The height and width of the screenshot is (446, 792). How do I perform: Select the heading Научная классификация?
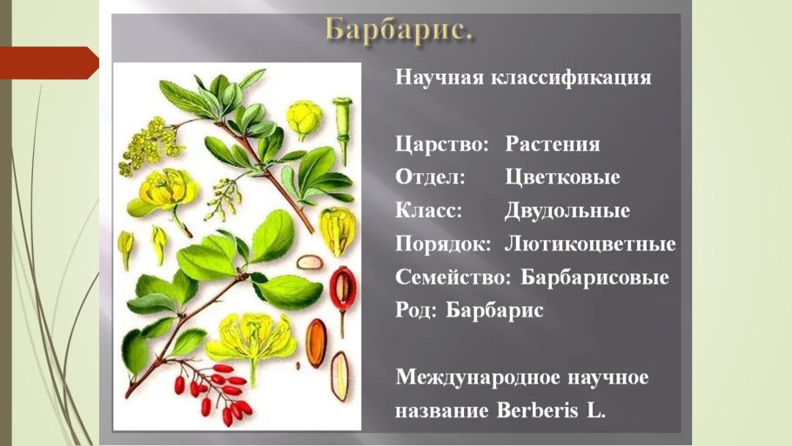click(523, 77)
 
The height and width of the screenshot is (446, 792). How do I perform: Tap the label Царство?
click(442, 144)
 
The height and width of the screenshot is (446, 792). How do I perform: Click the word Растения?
click(553, 144)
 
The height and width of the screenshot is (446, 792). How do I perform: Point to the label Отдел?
click(430, 177)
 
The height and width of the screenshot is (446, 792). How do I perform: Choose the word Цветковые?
click(562, 177)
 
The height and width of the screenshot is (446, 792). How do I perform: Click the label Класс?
click(429, 211)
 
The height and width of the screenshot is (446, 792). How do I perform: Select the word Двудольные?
click(567, 211)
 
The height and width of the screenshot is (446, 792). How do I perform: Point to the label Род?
click(416, 311)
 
